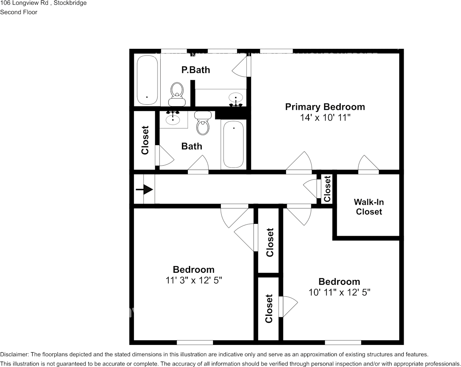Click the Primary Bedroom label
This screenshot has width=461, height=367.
coord(325,107)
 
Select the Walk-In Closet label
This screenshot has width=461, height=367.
coord(369,207)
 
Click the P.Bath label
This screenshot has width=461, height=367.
coord(196,70)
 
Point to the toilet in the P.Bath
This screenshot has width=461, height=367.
coord(177,92)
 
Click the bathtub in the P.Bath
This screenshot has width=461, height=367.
coord(147,80)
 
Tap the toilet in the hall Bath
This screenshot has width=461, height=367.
coord(203,123)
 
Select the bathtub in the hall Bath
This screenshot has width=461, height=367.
coord(234,144)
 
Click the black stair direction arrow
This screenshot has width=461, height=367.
coord(144,190)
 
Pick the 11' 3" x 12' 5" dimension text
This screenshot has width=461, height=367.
coord(193,280)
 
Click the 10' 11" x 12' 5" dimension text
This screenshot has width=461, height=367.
coord(339,293)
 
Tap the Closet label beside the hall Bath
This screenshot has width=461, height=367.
coord(145,140)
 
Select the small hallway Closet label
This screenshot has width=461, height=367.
coord(327,189)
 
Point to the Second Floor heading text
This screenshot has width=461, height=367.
coord(19,12)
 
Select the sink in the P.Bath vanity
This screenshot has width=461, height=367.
coord(236,97)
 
